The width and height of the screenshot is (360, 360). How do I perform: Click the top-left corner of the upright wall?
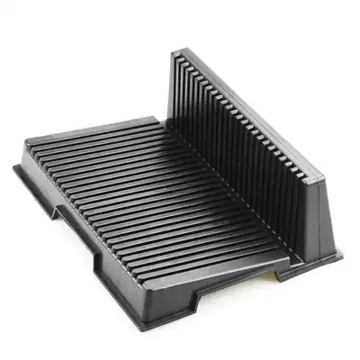(x=174, y=51)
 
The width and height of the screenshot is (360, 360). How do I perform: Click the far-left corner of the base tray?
(x=15, y=167)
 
